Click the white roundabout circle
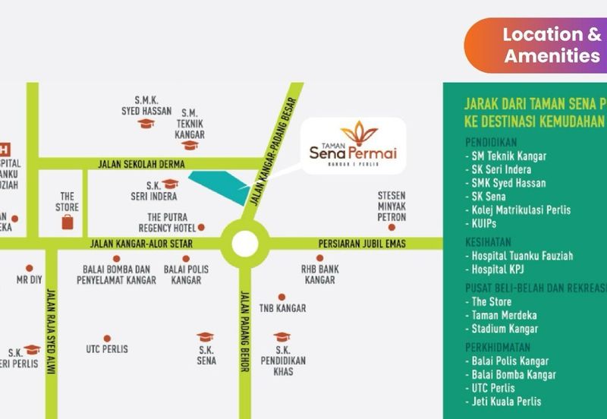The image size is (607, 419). [x=244, y=244]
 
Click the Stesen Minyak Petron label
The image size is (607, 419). [x=392, y=206]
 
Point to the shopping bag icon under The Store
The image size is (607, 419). [x=68, y=221]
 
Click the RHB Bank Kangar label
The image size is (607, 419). [x=319, y=274]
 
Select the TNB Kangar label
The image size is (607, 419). [x=282, y=308]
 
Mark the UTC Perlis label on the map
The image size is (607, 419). [x=107, y=349]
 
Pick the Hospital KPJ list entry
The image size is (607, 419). [x=498, y=269]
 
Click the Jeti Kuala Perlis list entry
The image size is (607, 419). [x=506, y=402]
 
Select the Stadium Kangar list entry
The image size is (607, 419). [x=505, y=329]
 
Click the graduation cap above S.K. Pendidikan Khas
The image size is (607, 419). [x=281, y=336]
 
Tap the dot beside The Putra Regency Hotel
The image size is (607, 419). [x=202, y=227]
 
